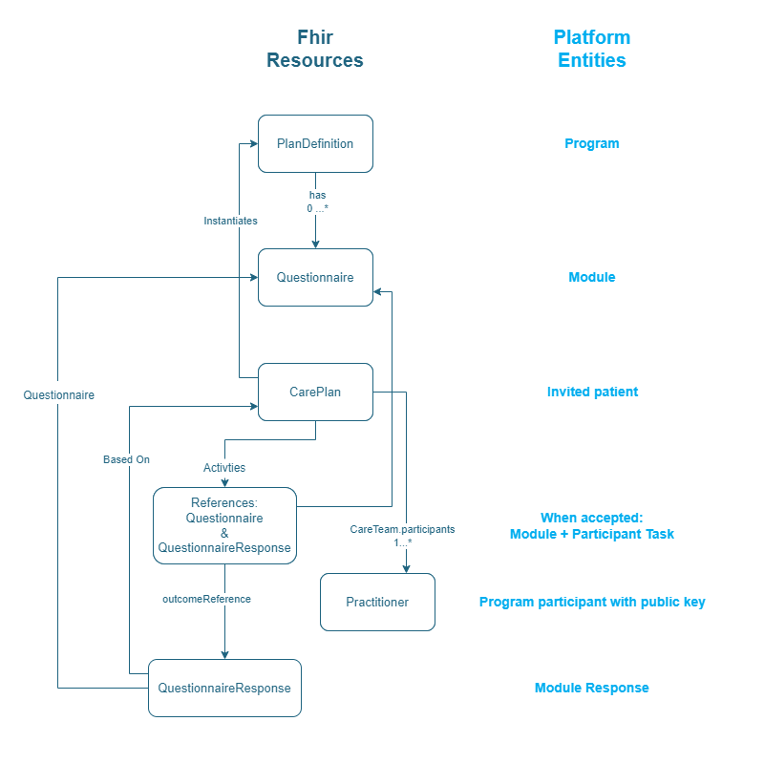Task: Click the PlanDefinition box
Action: pos(315,144)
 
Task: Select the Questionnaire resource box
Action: pos(315,278)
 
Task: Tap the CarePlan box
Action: pos(315,392)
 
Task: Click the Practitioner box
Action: pos(377,603)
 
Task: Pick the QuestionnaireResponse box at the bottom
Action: pos(224,688)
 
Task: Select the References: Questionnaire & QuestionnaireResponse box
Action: pos(224,525)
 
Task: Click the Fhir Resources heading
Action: pos(315,49)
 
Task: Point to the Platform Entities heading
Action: pos(592,49)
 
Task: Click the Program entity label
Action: pos(592,144)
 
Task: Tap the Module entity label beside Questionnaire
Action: pos(592,278)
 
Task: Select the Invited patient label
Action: pos(592,392)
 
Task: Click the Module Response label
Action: pos(592,688)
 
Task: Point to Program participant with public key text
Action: pos(592,603)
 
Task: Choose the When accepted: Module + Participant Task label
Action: pos(592,525)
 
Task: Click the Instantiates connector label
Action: pos(230,221)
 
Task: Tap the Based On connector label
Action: pos(126,459)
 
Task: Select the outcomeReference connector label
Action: pos(206,599)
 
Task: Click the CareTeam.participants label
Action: pos(402,529)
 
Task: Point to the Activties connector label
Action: pos(224,468)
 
